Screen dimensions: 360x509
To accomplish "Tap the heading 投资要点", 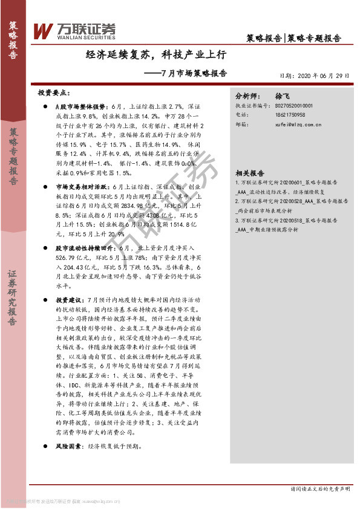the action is click(54, 94).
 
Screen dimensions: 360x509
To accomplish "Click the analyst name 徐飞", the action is click(283, 96).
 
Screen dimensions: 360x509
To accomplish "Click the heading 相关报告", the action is click(249, 171).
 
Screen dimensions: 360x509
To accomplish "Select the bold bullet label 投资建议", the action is click(67, 300).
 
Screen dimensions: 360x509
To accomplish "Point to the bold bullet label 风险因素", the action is click(67, 446).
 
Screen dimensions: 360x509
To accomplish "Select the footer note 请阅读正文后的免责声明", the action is click(320, 488).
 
